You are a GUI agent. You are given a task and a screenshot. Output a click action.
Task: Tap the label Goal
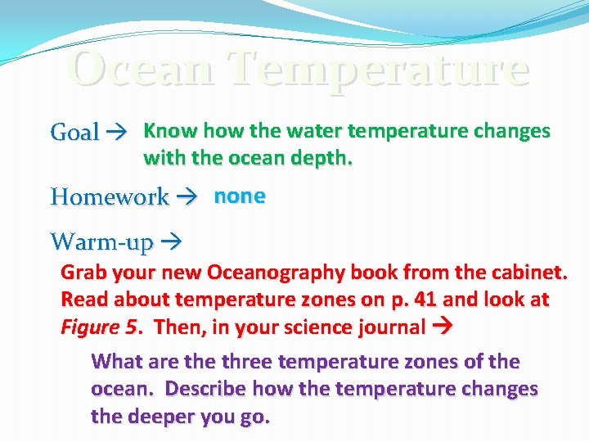tap(74, 132)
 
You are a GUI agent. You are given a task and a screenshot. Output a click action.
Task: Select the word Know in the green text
tap(170, 131)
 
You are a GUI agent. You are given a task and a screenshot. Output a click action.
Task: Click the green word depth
tap(323, 158)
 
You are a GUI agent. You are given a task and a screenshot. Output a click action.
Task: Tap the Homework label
tap(109, 197)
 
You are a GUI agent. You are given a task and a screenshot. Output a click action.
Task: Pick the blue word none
tap(240, 196)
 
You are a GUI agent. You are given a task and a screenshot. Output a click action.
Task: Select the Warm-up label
tap(102, 242)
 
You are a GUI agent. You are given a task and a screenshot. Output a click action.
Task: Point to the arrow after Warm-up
tap(172, 242)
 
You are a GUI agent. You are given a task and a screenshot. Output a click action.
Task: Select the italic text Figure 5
tap(99, 327)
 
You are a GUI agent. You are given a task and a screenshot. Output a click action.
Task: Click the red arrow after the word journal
tap(441, 327)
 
